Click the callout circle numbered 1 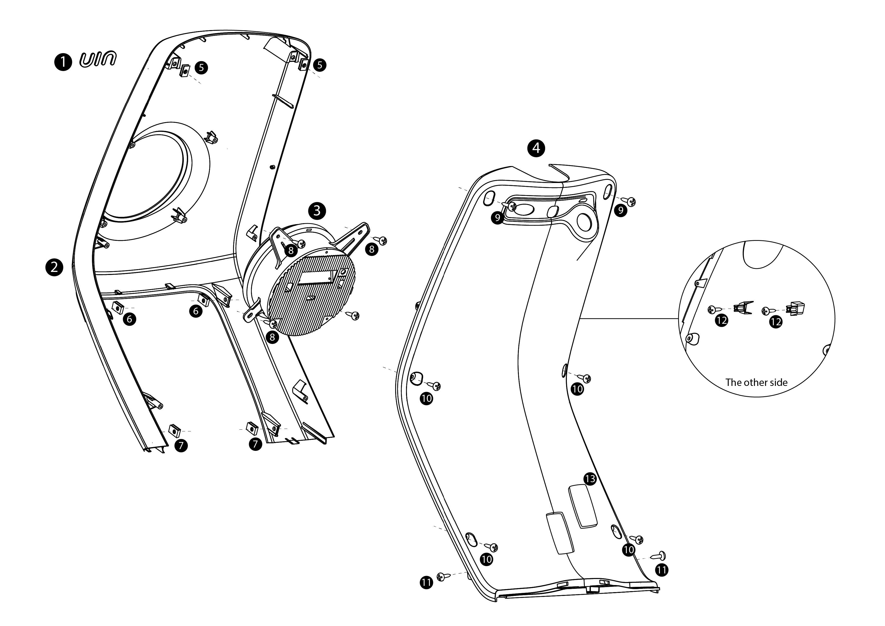[x=63, y=62]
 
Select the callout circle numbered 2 [x=54, y=267]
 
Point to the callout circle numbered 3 [x=317, y=210]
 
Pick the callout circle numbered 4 [x=536, y=148]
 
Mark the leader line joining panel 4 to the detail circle [x=628, y=319]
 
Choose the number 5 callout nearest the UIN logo [x=201, y=67]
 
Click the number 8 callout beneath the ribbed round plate [x=272, y=337]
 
